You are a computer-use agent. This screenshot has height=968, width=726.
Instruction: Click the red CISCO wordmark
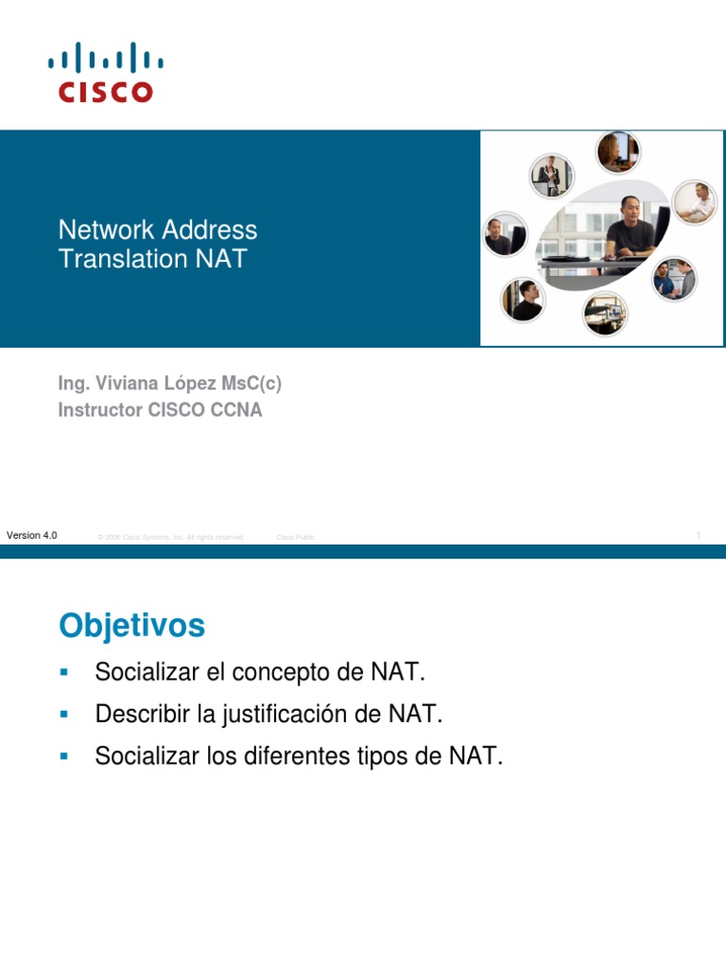(x=105, y=92)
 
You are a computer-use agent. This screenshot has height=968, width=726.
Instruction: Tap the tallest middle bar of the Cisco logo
(x=105, y=55)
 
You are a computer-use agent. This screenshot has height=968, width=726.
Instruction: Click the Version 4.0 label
(x=31, y=535)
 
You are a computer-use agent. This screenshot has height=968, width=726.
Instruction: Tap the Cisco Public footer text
(x=295, y=537)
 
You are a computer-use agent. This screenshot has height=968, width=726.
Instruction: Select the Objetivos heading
(x=131, y=625)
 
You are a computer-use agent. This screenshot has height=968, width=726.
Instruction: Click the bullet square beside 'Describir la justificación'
(x=64, y=714)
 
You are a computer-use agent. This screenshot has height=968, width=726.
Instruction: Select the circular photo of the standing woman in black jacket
(x=550, y=176)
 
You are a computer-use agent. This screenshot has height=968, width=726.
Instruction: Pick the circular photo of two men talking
(x=675, y=278)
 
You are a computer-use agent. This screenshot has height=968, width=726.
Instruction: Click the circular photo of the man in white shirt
(x=695, y=202)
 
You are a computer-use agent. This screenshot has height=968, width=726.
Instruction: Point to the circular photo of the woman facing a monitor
(x=617, y=151)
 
